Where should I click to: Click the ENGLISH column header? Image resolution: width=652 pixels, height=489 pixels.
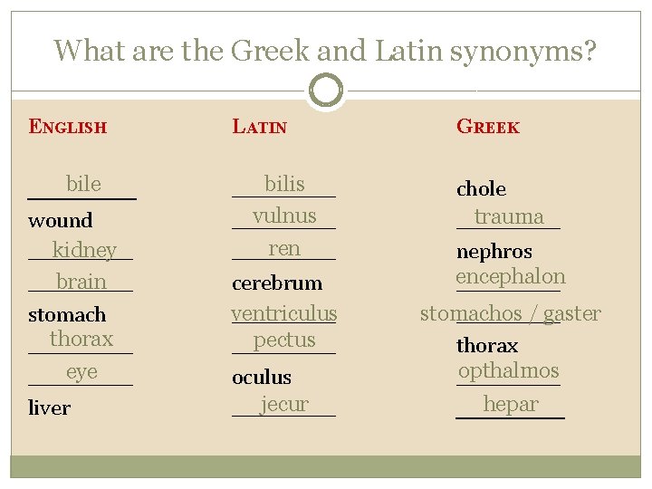coord(68,127)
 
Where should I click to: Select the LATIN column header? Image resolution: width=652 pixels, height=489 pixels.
coord(260,127)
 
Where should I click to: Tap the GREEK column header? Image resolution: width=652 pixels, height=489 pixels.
coord(488,127)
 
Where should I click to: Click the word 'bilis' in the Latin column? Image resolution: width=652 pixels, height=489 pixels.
coord(284,185)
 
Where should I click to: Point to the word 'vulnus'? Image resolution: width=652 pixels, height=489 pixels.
coord(284,216)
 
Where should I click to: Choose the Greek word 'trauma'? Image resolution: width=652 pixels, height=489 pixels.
coord(509,216)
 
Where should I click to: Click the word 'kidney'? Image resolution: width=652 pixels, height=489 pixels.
coord(84,250)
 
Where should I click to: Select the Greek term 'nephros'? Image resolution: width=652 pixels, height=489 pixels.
coord(494,251)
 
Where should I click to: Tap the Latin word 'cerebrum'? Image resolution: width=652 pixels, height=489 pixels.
coord(277,283)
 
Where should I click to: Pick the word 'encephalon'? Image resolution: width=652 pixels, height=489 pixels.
coord(511,277)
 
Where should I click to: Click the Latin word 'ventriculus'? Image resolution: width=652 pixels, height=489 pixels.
coord(283,313)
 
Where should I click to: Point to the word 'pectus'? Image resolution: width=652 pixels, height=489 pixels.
coord(284,340)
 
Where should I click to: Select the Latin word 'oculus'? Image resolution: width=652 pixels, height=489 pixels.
coord(262,377)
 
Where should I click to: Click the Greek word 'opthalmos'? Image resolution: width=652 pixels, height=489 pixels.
coord(509,370)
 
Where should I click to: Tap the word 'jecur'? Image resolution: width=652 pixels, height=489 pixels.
coord(284,404)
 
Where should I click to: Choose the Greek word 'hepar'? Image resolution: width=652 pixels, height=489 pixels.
coord(511,404)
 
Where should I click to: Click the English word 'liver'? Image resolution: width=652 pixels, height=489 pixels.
coord(50,407)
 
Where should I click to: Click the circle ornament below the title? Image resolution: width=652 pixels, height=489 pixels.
coord(326,91)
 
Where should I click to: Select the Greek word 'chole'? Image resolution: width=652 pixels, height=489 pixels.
coord(481,188)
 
